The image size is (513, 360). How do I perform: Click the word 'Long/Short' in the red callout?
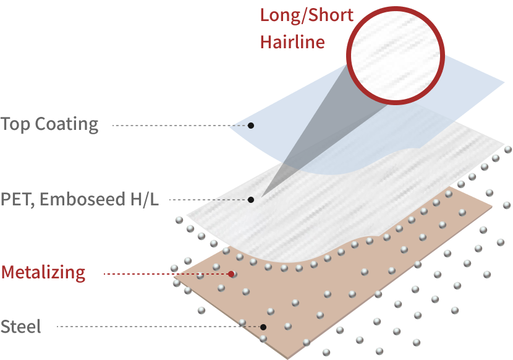pos(306,15)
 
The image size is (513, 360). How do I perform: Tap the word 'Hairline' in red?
pos(292,42)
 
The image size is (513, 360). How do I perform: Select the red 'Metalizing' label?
pos(43,272)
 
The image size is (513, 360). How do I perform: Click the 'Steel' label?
pos(21,327)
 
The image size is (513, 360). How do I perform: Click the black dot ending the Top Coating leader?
pos(251,126)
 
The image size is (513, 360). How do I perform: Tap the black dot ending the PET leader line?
pos(251,200)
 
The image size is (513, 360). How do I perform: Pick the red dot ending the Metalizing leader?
pos(231,273)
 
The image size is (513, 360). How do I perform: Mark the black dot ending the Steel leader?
pos(263,327)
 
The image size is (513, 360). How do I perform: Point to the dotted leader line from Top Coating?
pos(179,126)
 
